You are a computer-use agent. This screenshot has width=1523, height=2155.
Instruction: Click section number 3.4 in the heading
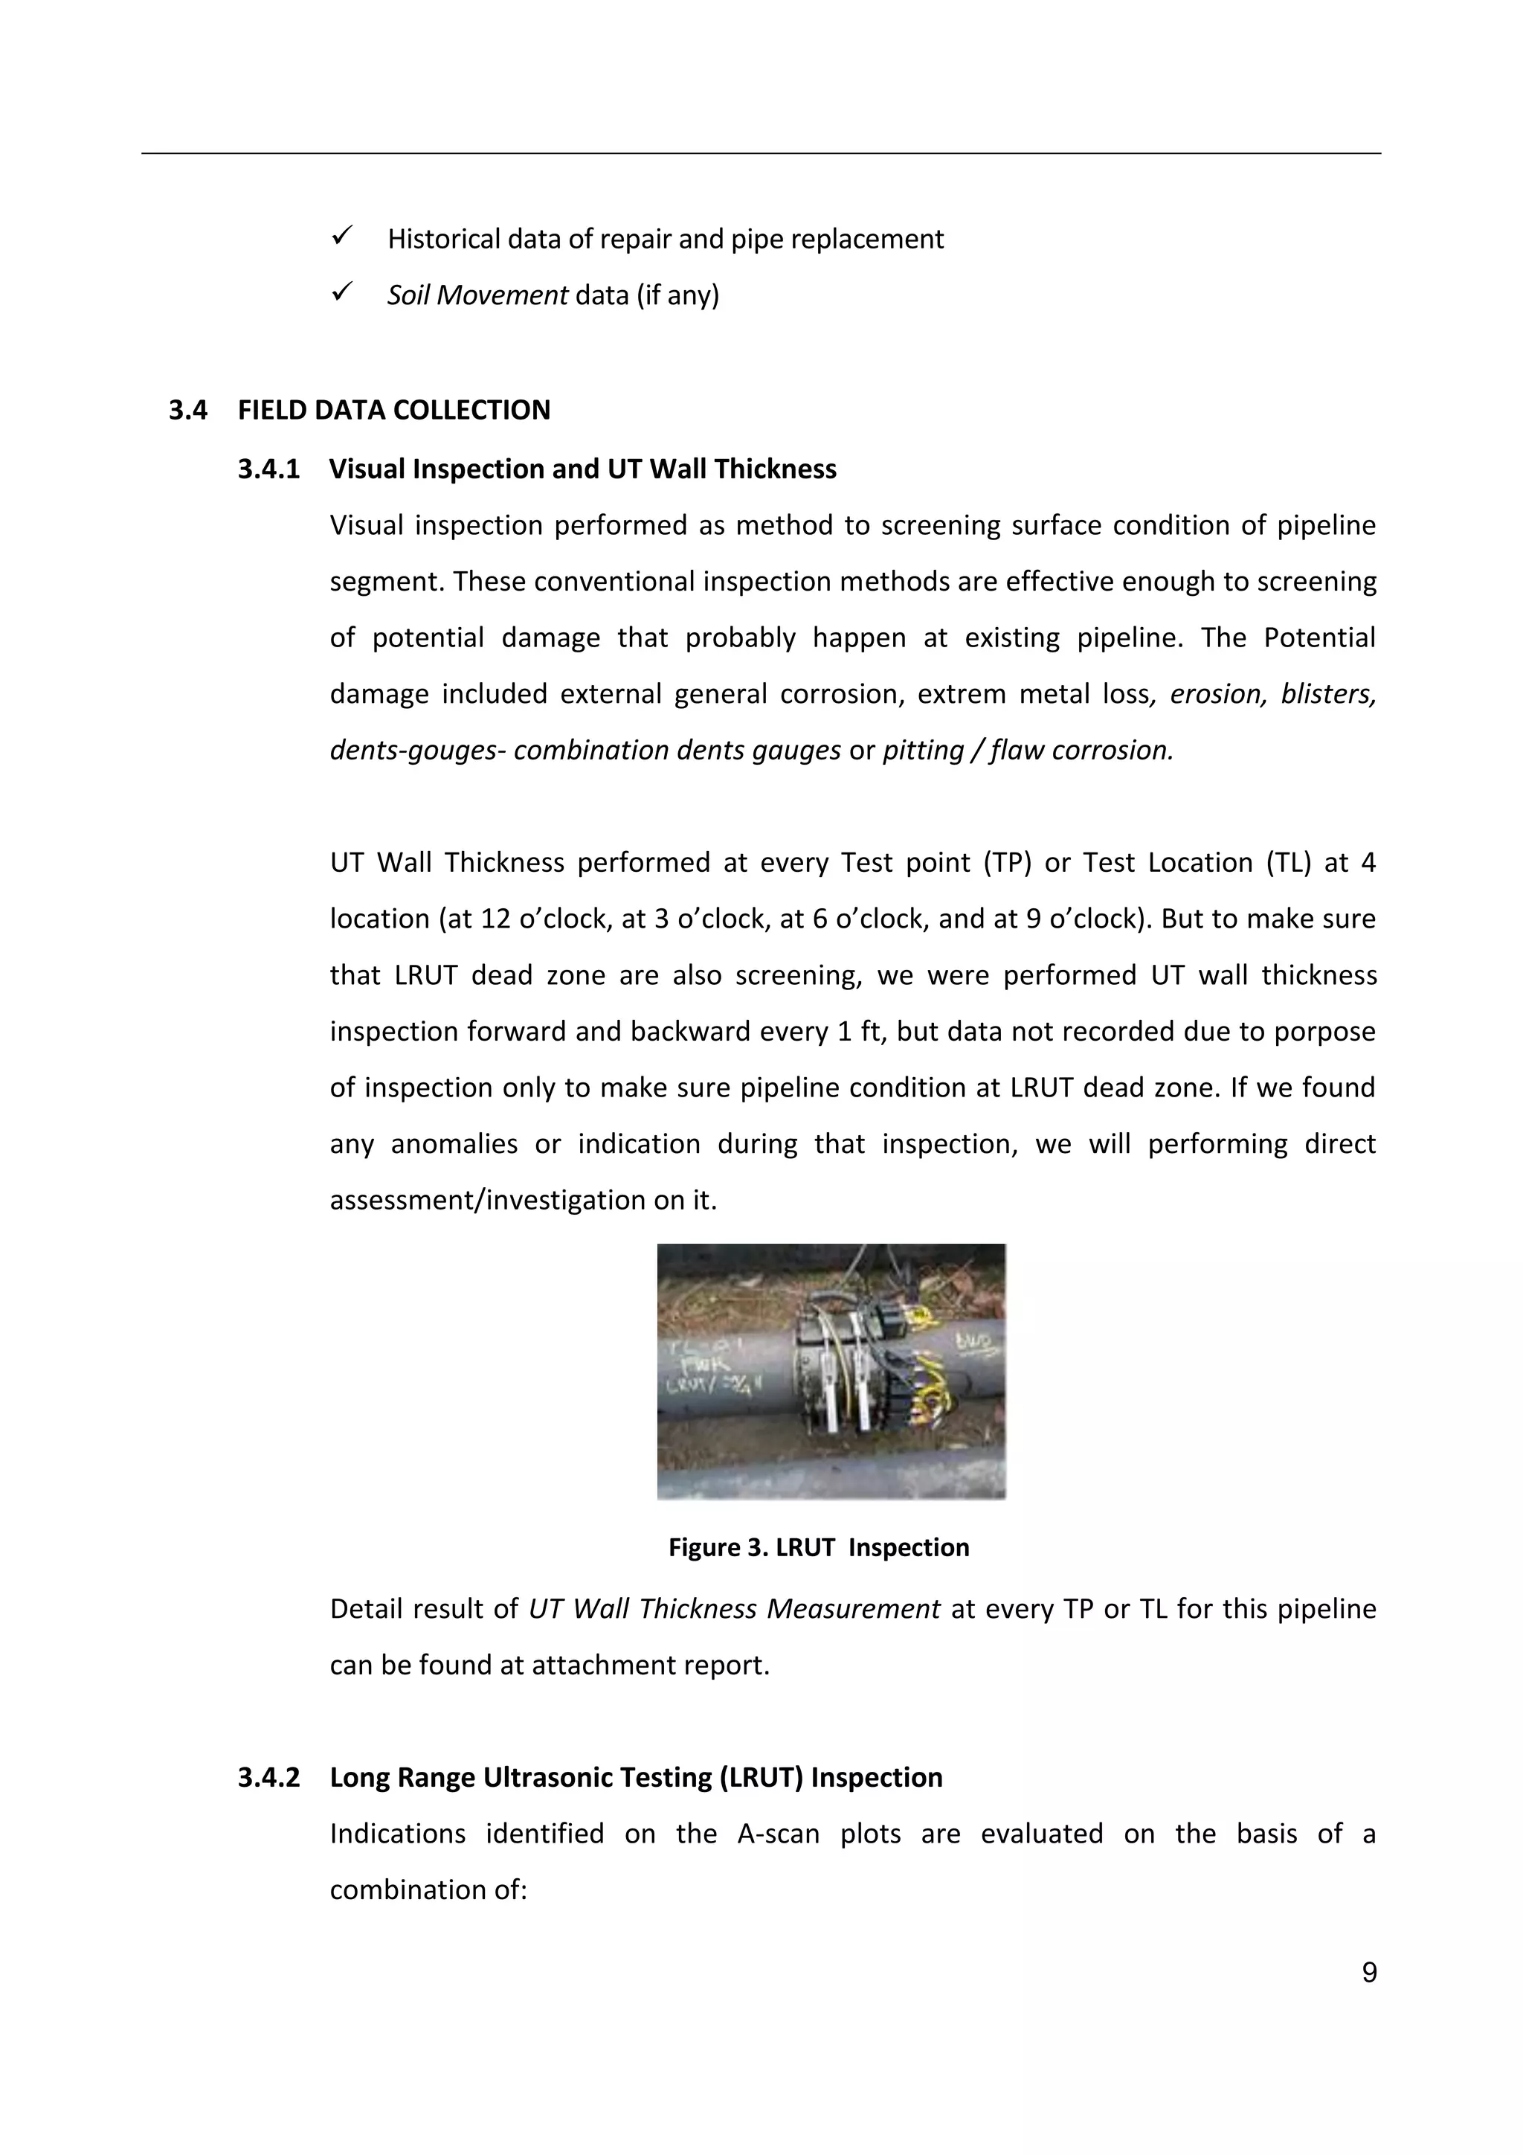click(187, 410)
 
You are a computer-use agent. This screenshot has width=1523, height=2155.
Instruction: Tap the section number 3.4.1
click(268, 469)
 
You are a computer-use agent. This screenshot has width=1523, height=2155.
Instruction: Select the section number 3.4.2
click(268, 1777)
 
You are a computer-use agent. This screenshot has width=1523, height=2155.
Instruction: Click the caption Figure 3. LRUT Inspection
click(818, 1547)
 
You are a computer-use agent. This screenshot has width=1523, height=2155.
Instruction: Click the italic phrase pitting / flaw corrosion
click(1028, 750)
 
